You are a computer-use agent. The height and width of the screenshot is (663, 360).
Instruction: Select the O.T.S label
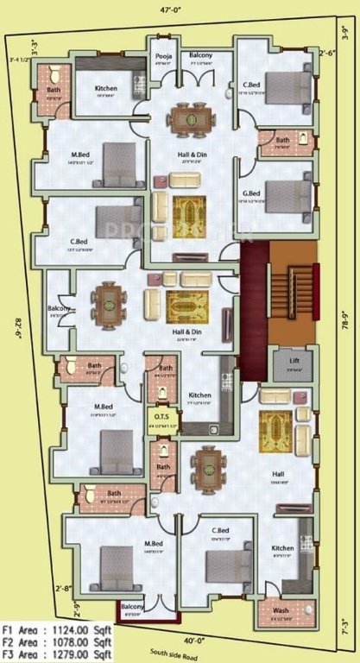(x=163, y=417)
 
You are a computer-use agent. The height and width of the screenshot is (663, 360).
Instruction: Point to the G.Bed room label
(x=251, y=193)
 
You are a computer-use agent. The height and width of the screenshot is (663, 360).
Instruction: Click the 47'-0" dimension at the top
(x=180, y=11)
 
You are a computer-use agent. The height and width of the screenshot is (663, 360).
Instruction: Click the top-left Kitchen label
(x=105, y=89)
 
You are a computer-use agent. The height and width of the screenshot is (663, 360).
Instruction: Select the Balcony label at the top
(x=201, y=56)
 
